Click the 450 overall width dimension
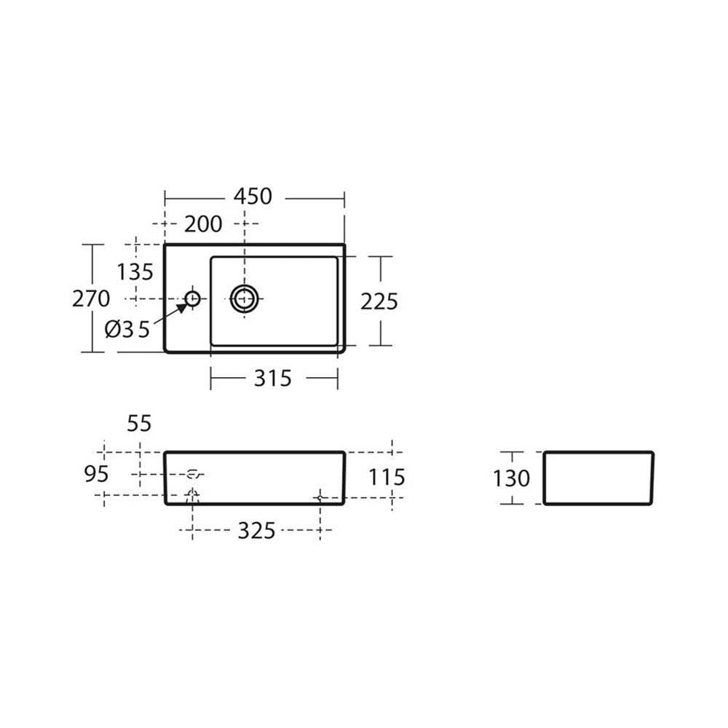[253, 197]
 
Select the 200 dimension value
[203, 224]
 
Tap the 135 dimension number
[135, 272]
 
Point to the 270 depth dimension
[91, 298]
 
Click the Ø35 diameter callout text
[127, 329]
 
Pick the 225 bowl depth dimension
[379, 302]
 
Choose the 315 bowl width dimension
[272, 379]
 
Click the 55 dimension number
[139, 424]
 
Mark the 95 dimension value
[96, 474]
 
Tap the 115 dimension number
[387, 478]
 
